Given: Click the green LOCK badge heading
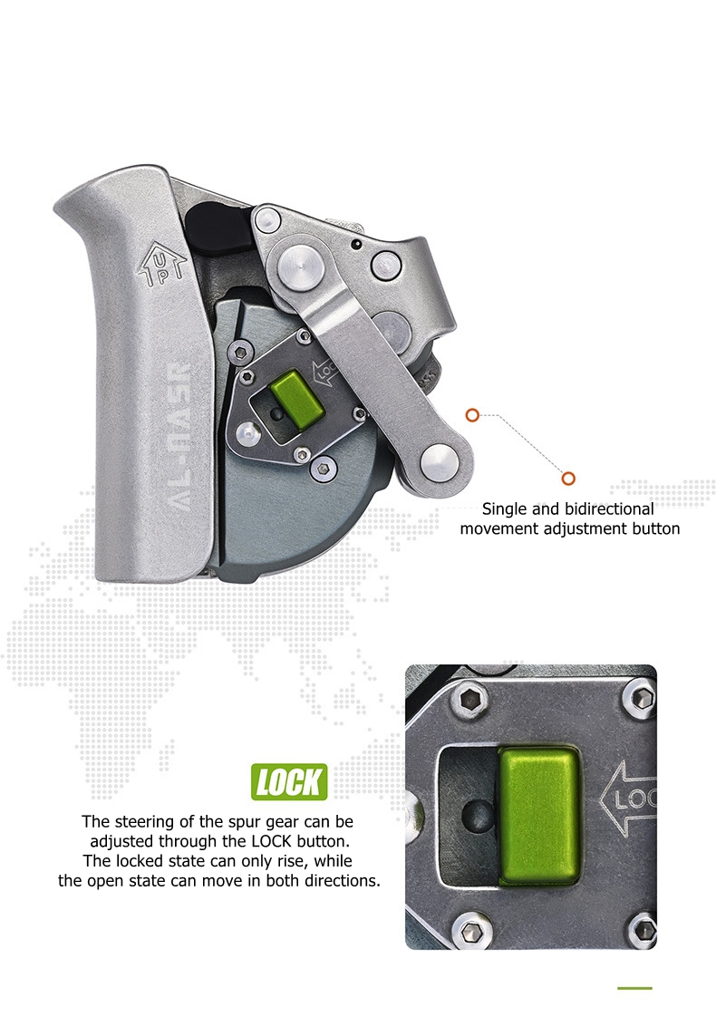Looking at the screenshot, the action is coord(289,782).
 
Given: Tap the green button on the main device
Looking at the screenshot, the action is coord(298,396).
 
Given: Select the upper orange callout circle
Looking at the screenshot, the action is coord(471,415).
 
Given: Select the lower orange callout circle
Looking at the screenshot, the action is coord(568,478).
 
